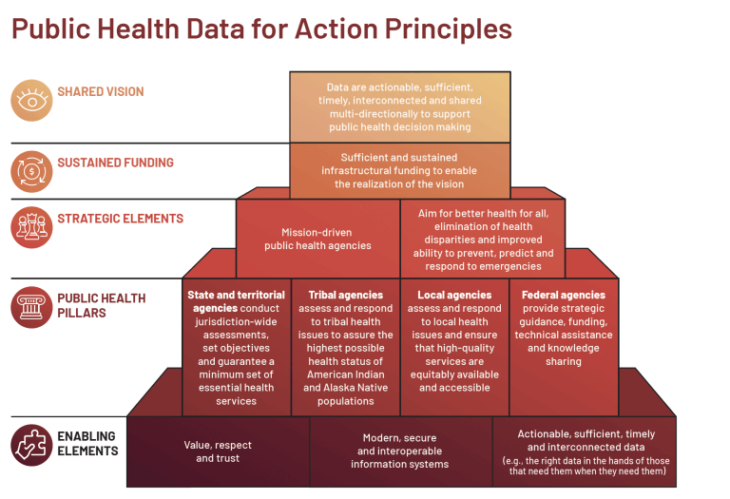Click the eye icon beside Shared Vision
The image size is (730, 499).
point(30,100)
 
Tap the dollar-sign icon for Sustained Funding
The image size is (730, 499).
point(30,170)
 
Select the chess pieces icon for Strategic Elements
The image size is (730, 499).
point(30,226)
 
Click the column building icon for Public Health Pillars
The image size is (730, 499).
point(30,306)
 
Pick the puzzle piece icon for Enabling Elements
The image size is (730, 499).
point(30,445)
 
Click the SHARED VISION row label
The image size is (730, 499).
point(100,92)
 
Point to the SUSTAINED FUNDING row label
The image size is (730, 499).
point(115,163)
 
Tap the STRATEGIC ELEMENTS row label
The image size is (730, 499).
point(120,218)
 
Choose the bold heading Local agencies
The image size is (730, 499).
point(453,295)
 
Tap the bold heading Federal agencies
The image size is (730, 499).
point(564,295)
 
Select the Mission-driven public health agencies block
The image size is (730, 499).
point(317,238)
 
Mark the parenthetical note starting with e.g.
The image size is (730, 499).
point(585,465)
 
